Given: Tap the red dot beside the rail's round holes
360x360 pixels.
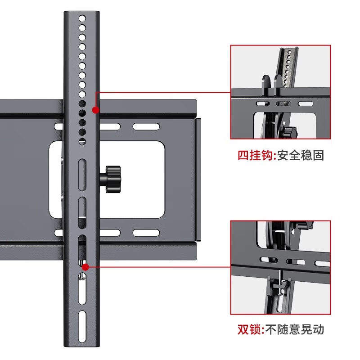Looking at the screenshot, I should click(x=95, y=110).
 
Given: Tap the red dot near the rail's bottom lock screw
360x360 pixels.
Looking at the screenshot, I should click(x=85, y=266).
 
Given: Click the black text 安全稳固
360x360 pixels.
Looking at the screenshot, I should click(x=301, y=156).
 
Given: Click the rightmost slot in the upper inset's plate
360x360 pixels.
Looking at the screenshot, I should click(x=307, y=104).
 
